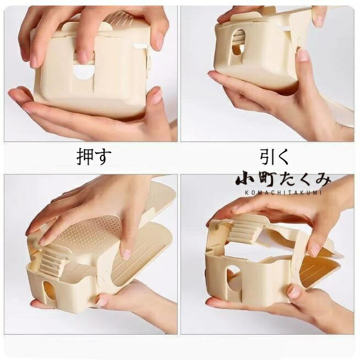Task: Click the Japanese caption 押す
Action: tap(94, 156)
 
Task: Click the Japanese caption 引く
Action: tap(274, 156)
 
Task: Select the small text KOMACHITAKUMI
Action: tap(283, 193)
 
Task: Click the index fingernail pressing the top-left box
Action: tap(83, 57)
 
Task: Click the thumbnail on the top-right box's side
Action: tap(303, 55)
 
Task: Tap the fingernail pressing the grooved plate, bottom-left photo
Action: tap(126, 254)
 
